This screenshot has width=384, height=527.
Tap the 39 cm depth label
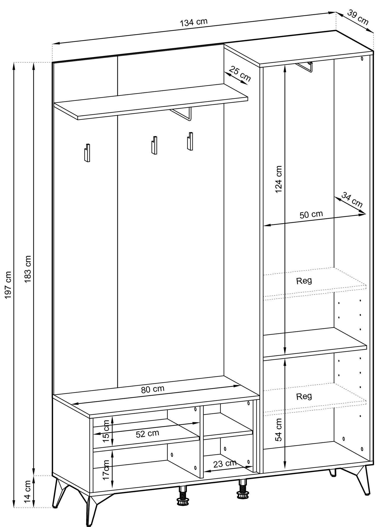click(x=357, y=17)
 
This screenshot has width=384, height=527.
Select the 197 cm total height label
click(x=8, y=285)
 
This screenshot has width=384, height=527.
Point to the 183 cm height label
click(x=28, y=269)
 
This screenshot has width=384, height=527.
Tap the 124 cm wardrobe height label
click(x=278, y=179)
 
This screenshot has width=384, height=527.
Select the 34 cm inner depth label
click(x=352, y=200)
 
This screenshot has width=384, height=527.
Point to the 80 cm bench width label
click(x=153, y=389)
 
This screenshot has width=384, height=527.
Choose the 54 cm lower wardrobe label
click(x=279, y=430)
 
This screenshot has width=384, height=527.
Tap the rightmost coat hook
click(x=190, y=141)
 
